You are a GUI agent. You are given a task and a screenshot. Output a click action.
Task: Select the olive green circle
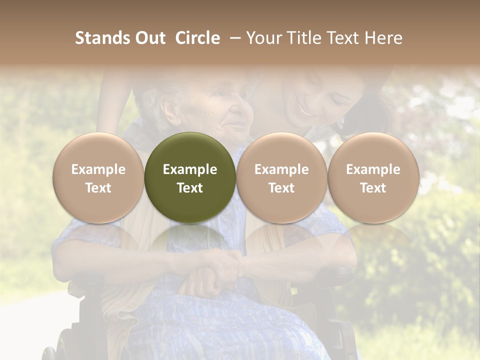(x=190, y=177)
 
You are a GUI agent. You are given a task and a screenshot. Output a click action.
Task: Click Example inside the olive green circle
(x=190, y=169)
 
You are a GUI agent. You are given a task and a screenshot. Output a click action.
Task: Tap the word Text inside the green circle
(x=190, y=188)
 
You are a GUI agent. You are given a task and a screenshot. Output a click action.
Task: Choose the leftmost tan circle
(x=98, y=177)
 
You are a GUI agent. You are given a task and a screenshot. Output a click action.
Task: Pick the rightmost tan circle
(x=373, y=177)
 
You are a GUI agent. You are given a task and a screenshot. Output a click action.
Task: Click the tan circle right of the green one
(x=281, y=177)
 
